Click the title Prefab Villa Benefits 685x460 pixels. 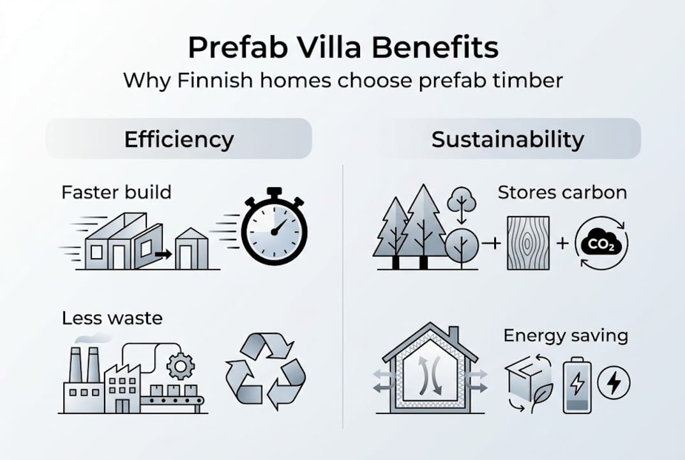point(342,48)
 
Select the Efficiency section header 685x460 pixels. point(179,139)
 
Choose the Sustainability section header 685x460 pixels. point(508,139)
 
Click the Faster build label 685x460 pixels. point(116,192)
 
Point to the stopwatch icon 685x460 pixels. point(274,227)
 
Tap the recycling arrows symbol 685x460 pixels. point(266,371)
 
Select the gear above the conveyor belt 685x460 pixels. point(180,366)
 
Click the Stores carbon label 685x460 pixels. point(562,192)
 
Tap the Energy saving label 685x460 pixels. point(566,335)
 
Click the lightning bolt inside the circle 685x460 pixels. point(613,383)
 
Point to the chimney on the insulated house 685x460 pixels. point(454,334)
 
